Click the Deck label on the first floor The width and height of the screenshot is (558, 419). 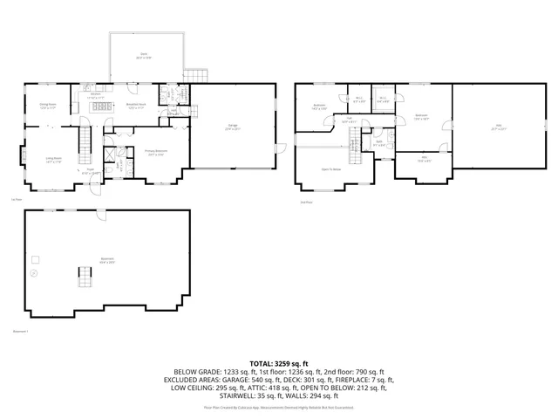(x=145, y=55)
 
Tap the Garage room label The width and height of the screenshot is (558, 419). (x=233, y=127)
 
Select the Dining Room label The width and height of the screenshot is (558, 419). (x=47, y=105)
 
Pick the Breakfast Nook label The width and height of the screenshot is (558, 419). (x=136, y=105)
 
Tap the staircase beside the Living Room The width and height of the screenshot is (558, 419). (x=85, y=140)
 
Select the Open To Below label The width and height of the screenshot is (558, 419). (x=330, y=168)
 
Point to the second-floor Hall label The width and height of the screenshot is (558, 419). (x=348, y=120)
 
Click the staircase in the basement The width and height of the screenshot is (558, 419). (x=85, y=277)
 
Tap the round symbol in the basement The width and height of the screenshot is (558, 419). (x=34, y=273)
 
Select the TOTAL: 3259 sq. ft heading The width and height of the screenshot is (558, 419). (x=278, y=362)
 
